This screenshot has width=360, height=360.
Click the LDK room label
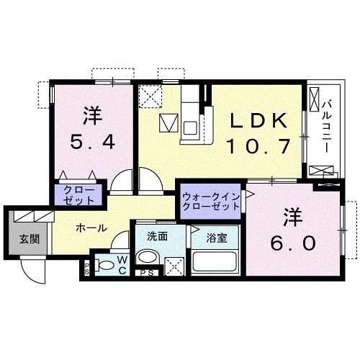tap(260, 120)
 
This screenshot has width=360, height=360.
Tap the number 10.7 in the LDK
tap(260, 146)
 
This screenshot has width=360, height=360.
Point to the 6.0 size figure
tap(294, 243)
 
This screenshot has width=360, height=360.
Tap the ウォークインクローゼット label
tap(210, 201)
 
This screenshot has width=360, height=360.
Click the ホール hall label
tap(91, 228)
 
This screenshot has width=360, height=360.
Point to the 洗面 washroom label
tap(157, 235)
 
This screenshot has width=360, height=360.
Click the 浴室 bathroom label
tap(217, 235)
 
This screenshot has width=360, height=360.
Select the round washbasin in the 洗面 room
tap(149, 257)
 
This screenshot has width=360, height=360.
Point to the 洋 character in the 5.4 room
tap(92, 115)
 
